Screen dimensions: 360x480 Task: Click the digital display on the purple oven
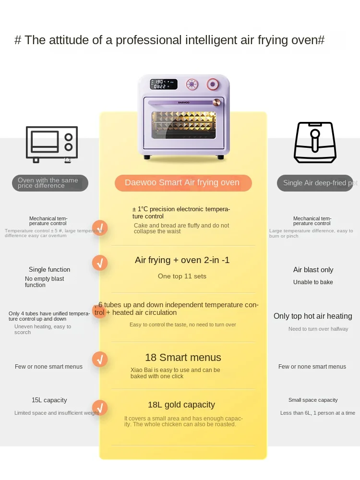coord(164,84)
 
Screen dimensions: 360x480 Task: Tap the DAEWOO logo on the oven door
coord(184,102)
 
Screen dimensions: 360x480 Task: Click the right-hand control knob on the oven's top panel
coord(212,84)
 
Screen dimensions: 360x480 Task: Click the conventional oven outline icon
coord(52,143)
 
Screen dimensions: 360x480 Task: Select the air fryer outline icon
coord(315,143)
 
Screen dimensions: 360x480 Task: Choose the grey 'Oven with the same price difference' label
coord(49,183)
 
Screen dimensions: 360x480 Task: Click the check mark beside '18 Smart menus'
coord(100,359)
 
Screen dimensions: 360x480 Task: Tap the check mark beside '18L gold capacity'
coord(100,408)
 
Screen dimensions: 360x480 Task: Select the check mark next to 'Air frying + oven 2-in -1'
coord(100,263)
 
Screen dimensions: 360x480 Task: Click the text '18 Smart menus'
coord(183,358)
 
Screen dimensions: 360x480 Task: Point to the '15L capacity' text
coord(49,400)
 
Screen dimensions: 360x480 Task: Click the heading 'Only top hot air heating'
coord(312,316)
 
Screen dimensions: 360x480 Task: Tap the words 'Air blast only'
coord(313,270)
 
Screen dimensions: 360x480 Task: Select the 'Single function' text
coord(49,270)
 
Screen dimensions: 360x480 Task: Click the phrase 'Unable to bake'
coord(313,282)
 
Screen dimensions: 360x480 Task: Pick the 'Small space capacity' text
coord(313,400)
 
